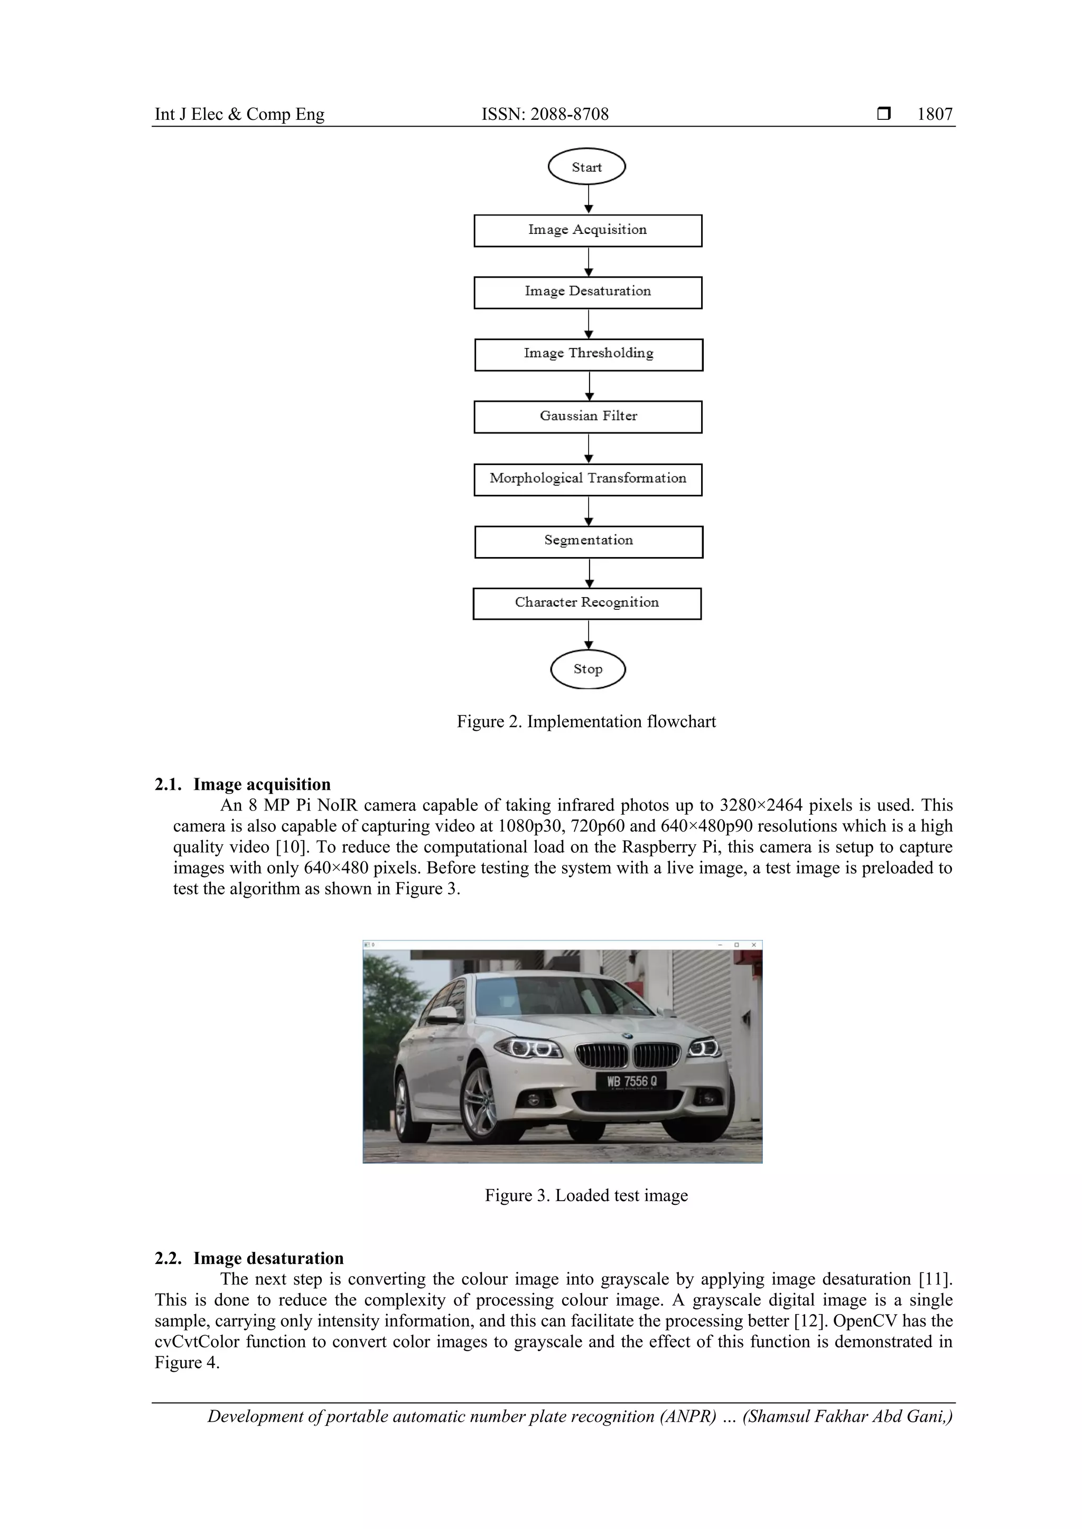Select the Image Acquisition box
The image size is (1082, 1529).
[x=587, y=230]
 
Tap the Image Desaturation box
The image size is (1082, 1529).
[x=587, y=292]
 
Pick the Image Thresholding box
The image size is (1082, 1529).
[x=589, y=354]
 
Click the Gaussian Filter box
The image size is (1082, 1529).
[x=587, y=417]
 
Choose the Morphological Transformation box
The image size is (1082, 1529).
[x=587, y=479]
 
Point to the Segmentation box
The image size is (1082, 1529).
[x=589, y=541]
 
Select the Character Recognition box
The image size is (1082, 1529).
[x=587, y=603]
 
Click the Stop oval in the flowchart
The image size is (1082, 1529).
[x=587, y=669]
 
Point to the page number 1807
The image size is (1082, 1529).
[x=934, y=115]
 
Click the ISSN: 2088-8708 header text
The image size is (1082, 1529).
[x=545, y=115]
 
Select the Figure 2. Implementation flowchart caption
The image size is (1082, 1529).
[x=586, y=722]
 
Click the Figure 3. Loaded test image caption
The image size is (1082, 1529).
[x=586, y=1195]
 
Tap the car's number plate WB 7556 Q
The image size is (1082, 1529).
[x=632, y=1081]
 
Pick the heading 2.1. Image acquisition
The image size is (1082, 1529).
[x=242, y=785]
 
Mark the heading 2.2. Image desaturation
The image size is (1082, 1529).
[x=249, y=1259]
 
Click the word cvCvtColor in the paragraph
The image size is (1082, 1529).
[x=197, y=1342]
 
